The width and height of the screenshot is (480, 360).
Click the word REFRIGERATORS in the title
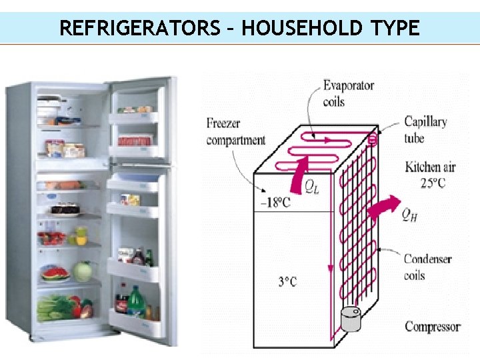click(138, 28)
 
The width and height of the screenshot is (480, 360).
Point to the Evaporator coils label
click(348, 93)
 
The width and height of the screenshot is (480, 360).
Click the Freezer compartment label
click(235, 131)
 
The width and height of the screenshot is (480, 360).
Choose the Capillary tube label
click(425, 129)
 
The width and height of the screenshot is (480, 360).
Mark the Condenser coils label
click(427, 267)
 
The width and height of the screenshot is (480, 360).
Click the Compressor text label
click(432, 327)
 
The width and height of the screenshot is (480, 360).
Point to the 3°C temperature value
click(287, 282)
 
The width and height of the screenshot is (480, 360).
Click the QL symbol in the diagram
click(311, 187)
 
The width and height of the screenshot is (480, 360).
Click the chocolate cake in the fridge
click(65, 209)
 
